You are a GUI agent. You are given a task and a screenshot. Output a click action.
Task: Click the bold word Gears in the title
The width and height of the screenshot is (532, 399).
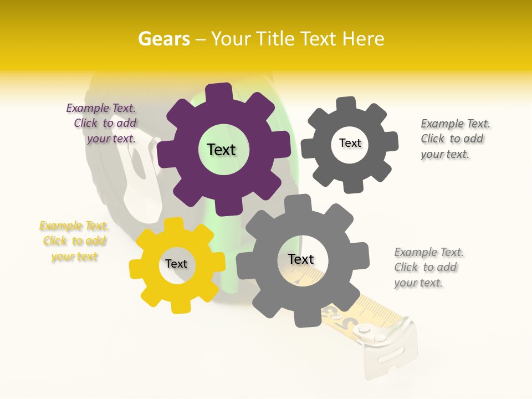click(x=163, y=39)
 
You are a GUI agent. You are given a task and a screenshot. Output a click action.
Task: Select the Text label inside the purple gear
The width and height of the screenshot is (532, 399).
click(x=221, y=150)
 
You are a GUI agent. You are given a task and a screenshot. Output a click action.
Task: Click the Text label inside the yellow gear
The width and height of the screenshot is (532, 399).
click(x=176, y=264)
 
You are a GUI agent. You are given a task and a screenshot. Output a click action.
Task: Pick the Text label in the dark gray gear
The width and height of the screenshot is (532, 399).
click(x=350, y=143)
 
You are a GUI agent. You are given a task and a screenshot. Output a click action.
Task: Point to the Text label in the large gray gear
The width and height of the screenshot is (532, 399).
click(x=301, y=259)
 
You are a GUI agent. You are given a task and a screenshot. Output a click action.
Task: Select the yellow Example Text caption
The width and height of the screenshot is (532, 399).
click(x=74, y=241)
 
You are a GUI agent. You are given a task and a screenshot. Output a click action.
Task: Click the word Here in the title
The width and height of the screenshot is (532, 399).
click(x=364, y=39)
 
